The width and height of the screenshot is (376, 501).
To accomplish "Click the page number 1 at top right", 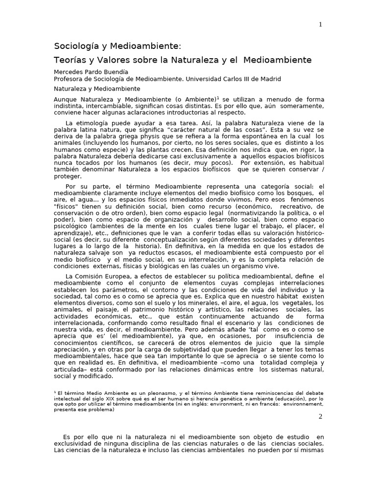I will tap(320, 25).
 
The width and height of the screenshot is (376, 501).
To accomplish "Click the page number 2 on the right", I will tap(320, 416).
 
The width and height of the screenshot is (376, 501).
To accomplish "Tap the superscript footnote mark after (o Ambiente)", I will tap(218, 97).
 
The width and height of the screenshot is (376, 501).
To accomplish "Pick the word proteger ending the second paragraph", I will tap(68, 177).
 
